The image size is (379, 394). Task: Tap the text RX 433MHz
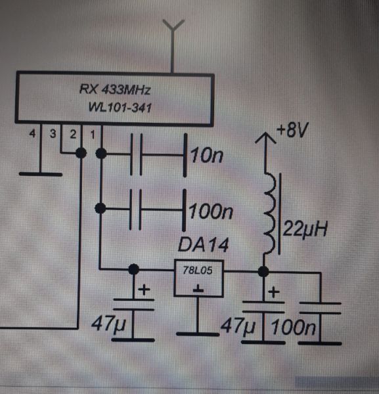[115, 89]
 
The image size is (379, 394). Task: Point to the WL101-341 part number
[120, 107]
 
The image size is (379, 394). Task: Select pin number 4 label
[32, 133]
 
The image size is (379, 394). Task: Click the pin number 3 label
[53, 134]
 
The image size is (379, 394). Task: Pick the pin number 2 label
[73, 134]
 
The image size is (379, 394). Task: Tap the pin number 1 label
[93, 135]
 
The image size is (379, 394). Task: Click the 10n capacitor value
[207, 155]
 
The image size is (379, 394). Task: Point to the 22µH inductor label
[305, 229]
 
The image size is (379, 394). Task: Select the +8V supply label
[292, 130]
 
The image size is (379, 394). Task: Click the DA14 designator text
[204, 244]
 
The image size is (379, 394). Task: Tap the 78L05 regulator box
[198, 278]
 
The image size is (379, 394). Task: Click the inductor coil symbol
[270, 213]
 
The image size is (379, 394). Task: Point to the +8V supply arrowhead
[265, 138]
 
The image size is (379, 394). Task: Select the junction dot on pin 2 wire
[81, 153]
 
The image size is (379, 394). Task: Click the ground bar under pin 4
[41, 174]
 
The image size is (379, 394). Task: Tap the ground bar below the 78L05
[198, 334]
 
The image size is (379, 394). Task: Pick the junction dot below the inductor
[263, 271]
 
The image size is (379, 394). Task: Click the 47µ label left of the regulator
[108, 324]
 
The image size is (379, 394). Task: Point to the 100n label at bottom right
[294, 328]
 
